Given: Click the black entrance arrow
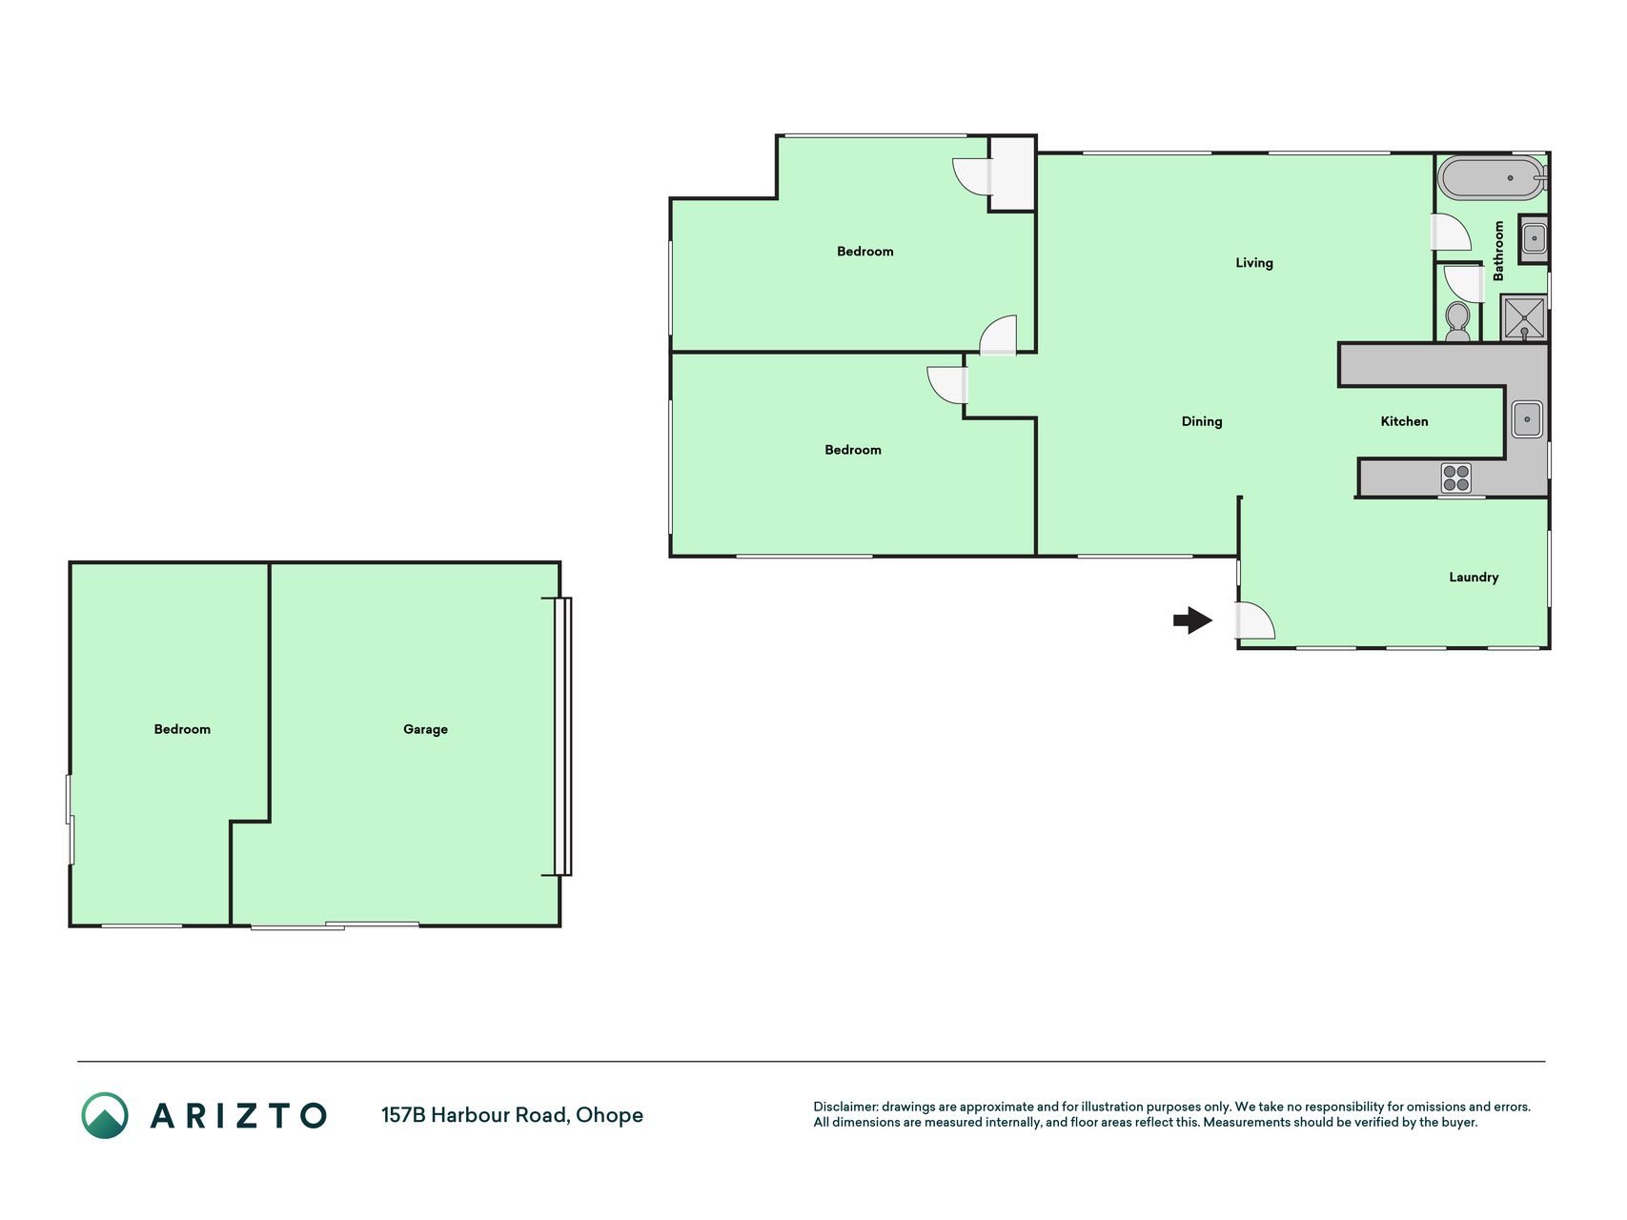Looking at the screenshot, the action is coord(1192,620).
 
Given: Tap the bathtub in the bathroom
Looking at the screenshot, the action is coord(1492,177).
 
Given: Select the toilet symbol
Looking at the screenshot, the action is coord(1457,322).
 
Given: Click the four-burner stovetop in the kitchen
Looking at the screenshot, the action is coord(1455,478).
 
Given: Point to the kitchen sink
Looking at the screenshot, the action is coord(1526,419).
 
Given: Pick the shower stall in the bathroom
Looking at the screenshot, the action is coord(1523,317).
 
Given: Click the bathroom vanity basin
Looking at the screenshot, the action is coord(1533,238).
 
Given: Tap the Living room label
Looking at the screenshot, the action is coord(1253,263).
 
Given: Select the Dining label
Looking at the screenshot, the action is coord(1201,421).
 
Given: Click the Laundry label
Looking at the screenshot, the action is coord(1474,577).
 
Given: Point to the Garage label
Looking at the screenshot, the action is coord(425,729).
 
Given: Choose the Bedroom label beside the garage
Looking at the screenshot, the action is coord(182,729).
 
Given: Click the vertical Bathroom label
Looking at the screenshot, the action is coord(1498,251).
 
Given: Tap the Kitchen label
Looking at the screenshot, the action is coord(1404,421).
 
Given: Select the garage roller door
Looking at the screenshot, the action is coord(563,736).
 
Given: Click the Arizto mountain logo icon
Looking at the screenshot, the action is coord(105,1115).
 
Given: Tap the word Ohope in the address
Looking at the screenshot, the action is coord(609,1115).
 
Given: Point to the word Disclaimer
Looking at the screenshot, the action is coord(844,1107).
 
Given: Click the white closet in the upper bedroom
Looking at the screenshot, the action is coord(1012,173).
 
